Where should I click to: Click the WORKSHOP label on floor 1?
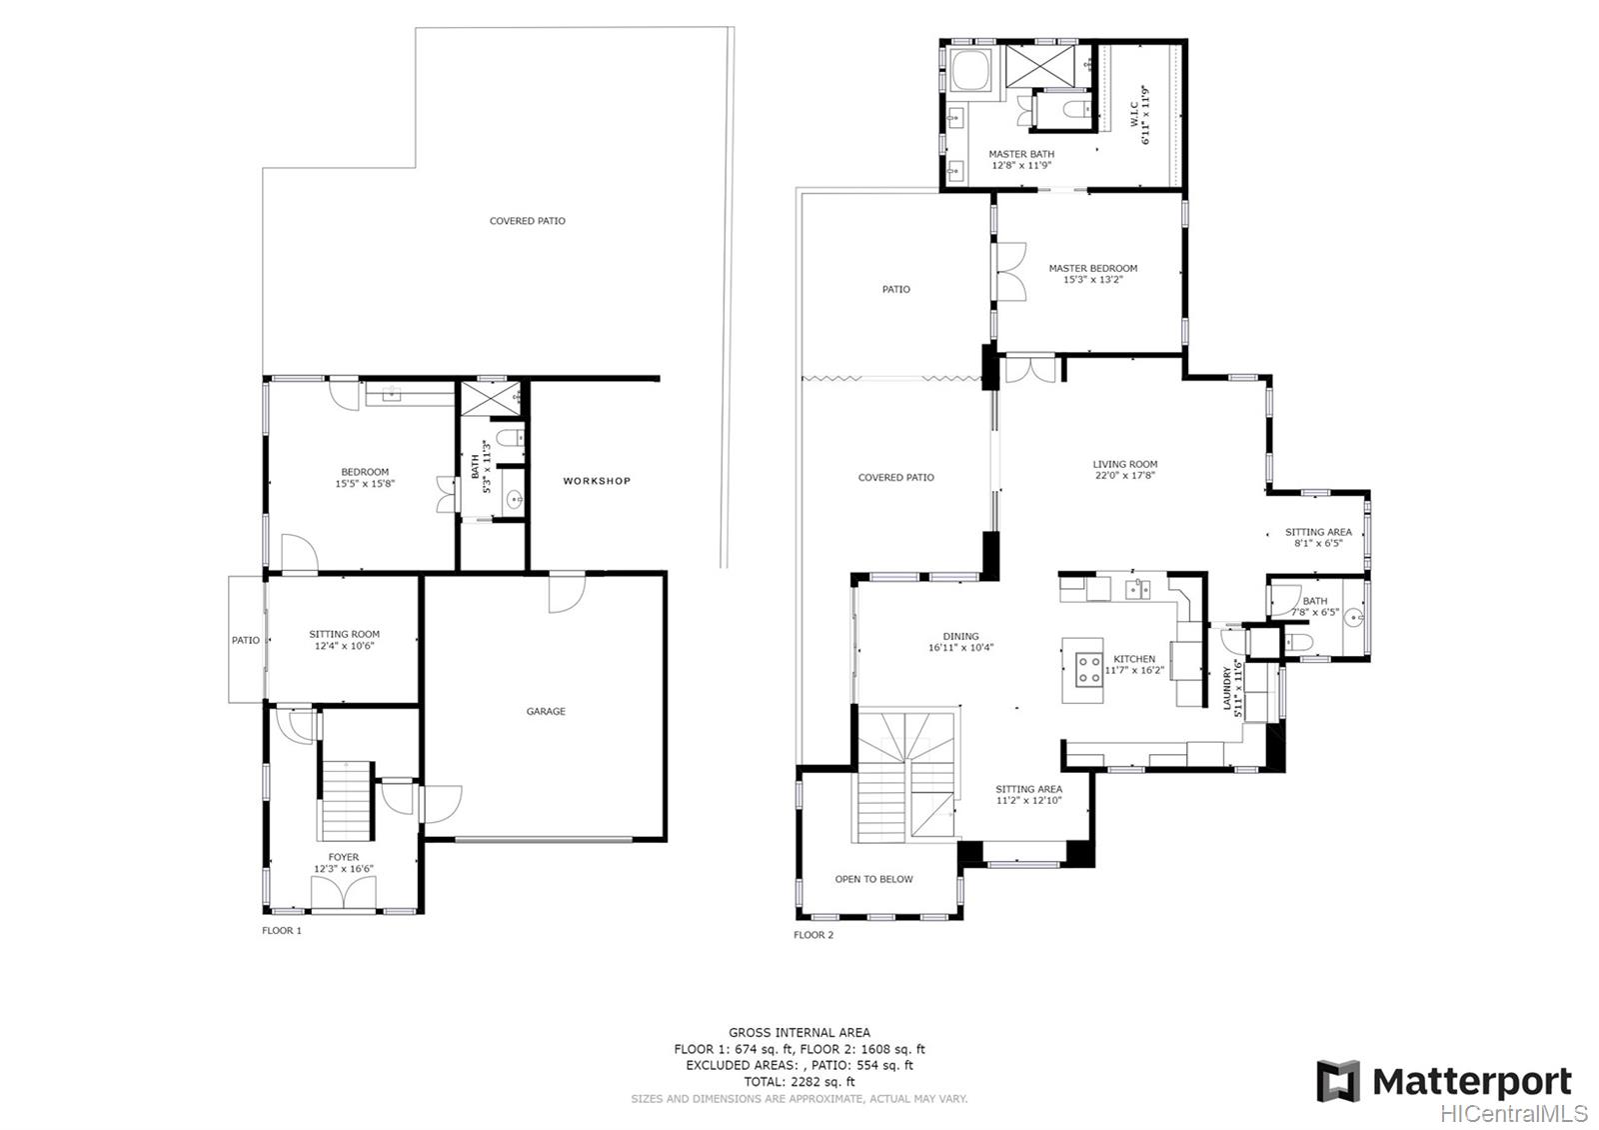click(597, 481)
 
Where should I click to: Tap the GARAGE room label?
click(546, 711)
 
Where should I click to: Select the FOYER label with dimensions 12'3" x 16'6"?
click(344, 863)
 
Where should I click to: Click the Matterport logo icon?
click(1338, 1081)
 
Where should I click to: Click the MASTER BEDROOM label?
click(1092, 273)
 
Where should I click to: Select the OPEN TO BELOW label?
click(873, 879)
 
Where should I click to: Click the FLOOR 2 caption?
click(812, 935)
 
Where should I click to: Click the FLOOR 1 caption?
click(281, 930)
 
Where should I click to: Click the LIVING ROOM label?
click(1124, 469)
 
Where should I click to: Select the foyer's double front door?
click(344, 895)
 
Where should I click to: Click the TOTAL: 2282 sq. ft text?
click(799, 1081)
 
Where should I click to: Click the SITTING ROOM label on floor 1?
click(344, 639)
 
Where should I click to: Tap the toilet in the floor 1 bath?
click(509, 438)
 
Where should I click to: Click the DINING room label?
click(960, 641)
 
